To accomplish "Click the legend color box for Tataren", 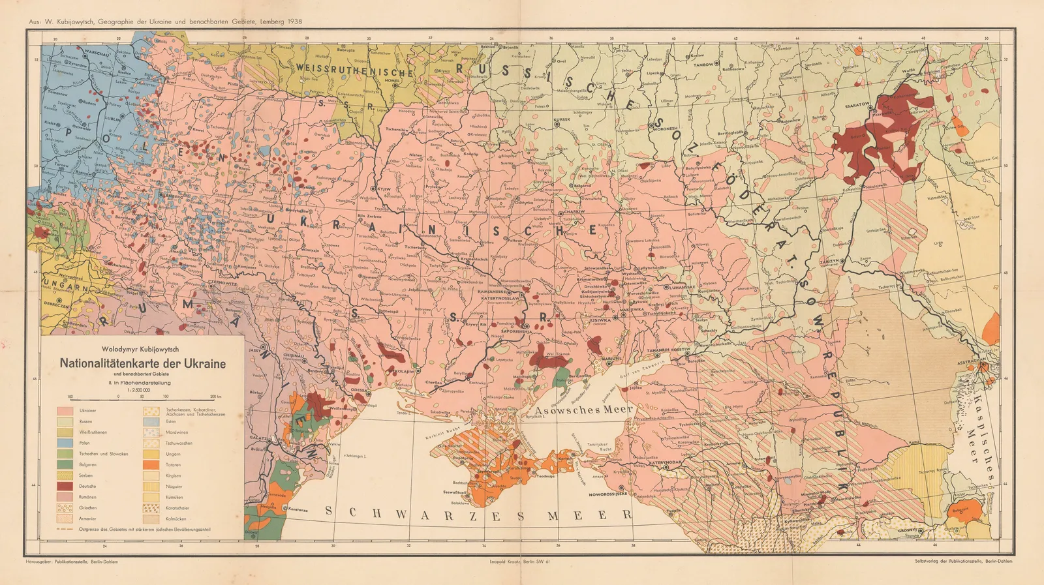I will coord(151,465).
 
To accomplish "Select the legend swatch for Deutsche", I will coord(65,486).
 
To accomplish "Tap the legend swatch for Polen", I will coord(65,443).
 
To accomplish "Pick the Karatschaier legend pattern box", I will coord(151,507).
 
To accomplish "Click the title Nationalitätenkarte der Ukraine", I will coord(143,363).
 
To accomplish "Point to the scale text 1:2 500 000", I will coord(143,389).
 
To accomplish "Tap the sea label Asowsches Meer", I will coord(584,409).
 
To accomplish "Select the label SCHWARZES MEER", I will coord(480,515).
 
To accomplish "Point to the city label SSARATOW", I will coord(857,104).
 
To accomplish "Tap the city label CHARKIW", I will coord(574,212).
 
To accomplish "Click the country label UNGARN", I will coord(65,287).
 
